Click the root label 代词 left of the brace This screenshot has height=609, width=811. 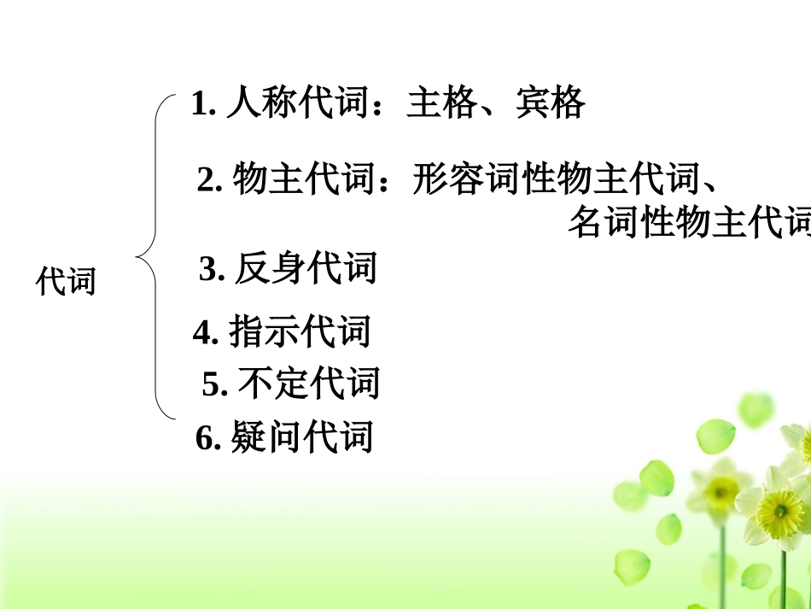coord(66,281)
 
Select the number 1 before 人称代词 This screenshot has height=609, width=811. coord(200,105)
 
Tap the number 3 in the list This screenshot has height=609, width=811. coord(207,270)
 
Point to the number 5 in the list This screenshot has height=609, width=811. coord(211,385)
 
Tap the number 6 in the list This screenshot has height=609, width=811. coord(204,439)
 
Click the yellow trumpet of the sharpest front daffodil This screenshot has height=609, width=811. coord(779,512)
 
